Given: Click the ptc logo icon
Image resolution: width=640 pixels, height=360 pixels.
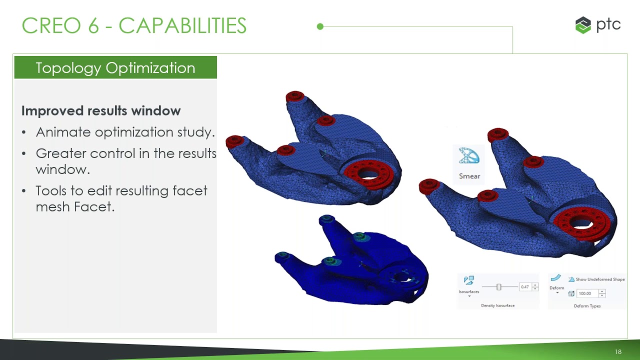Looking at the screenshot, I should point(583,25).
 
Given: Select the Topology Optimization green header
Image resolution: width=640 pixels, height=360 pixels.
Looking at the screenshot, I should point(115,68).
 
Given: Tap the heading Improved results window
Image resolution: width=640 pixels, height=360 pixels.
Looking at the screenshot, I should point(101,111).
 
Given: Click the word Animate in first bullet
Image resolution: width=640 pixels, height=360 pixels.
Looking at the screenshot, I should point(63,132).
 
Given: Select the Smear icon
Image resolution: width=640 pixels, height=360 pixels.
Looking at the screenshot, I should point(469,157).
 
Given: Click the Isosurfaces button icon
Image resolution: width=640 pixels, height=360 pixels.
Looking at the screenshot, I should point(468,281).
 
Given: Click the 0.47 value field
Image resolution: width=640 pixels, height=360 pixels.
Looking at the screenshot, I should point(524,287).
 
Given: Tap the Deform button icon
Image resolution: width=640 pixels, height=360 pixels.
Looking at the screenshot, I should point(556,278).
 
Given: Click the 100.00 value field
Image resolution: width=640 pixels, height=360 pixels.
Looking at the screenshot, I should point(586,293).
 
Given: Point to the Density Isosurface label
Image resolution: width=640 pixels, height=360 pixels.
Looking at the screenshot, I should point(497,305).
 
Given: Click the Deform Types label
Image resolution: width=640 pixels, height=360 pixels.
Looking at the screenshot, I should point(587,306).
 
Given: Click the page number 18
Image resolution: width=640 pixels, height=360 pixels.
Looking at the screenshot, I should point(618,352).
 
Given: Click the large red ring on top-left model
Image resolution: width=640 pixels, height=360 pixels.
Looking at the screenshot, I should point(370,172).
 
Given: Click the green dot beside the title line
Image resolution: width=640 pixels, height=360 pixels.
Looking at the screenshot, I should point(320,26).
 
